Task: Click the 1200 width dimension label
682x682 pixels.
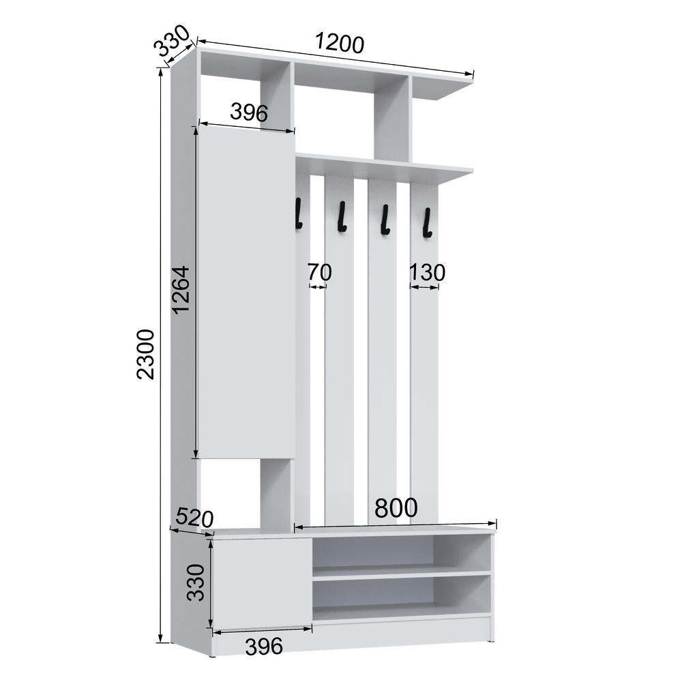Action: (339, 44)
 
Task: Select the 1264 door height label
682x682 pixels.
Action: (181, 289)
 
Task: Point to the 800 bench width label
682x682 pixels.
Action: (396, 507)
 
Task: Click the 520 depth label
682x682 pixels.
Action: (194, 518)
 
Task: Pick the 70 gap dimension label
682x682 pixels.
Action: (320, 272)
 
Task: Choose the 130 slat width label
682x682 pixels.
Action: (427, 273)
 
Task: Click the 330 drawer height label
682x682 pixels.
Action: (196, 583)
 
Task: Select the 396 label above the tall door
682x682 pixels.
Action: (249, 113)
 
